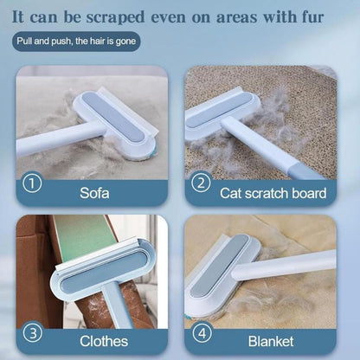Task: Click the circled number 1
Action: click(32, 183)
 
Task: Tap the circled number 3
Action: click(32, 331)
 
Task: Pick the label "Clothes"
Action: click(106, 340)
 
